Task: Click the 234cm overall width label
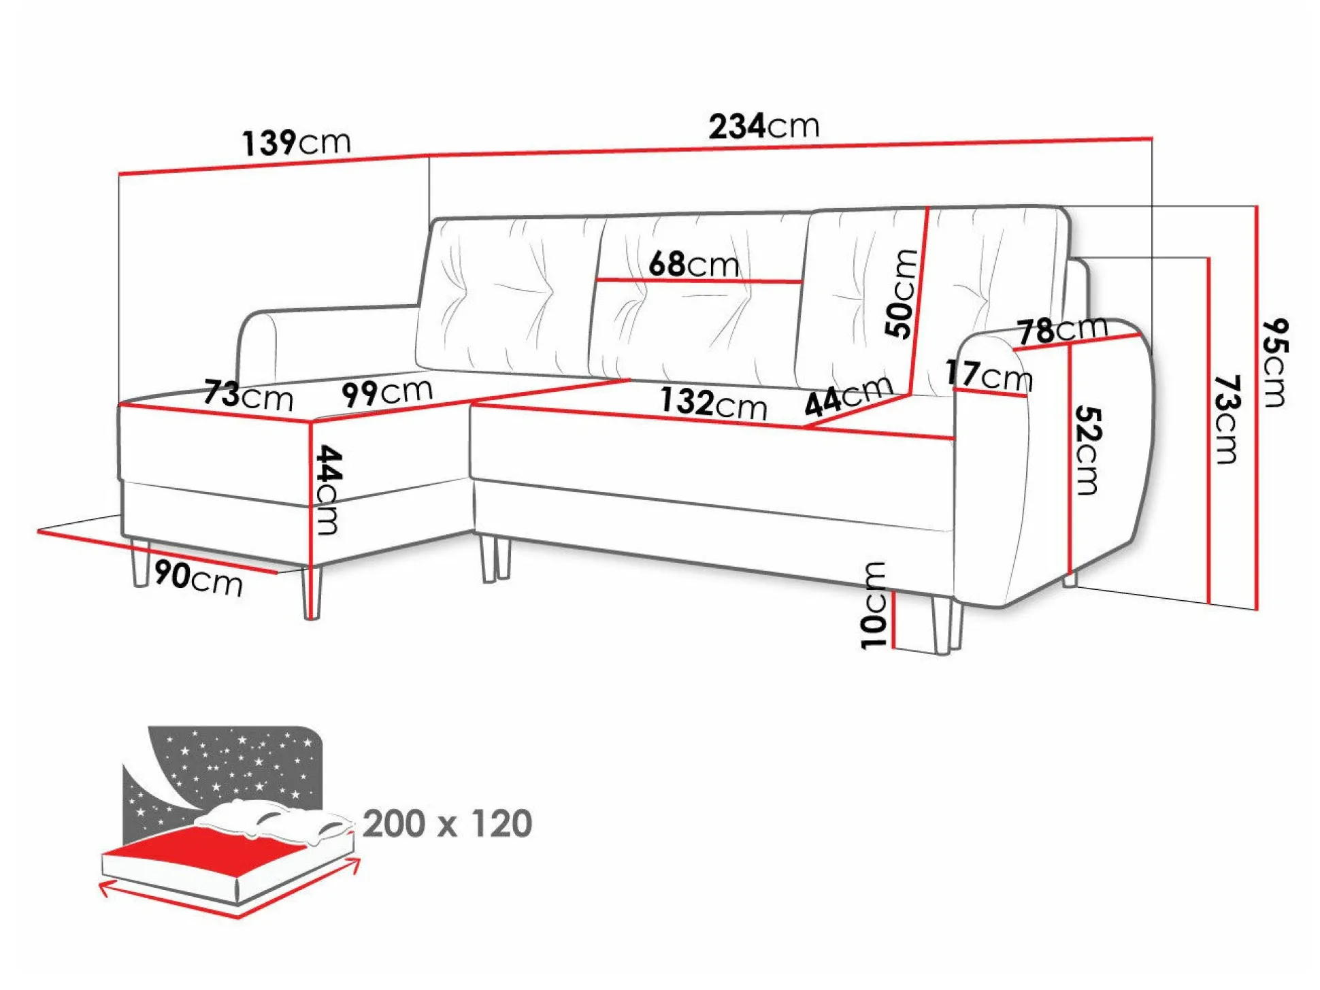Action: coord(763,127)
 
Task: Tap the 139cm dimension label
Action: coord(296,143)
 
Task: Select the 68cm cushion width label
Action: coord(693,263)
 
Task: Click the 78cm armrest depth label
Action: coord(1063,331)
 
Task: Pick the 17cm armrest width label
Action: coord(989,376)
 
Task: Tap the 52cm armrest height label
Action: coord(1087,450)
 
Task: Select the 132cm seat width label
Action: coord(713,403)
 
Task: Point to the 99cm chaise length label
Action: coord(386,392)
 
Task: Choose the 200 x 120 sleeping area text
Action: coord(447,823)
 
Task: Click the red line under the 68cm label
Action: coord(699,280)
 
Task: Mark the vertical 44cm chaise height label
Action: coord(329,490)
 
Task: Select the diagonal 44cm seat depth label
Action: coord(848,395)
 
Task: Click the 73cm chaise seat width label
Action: coord(248,395)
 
